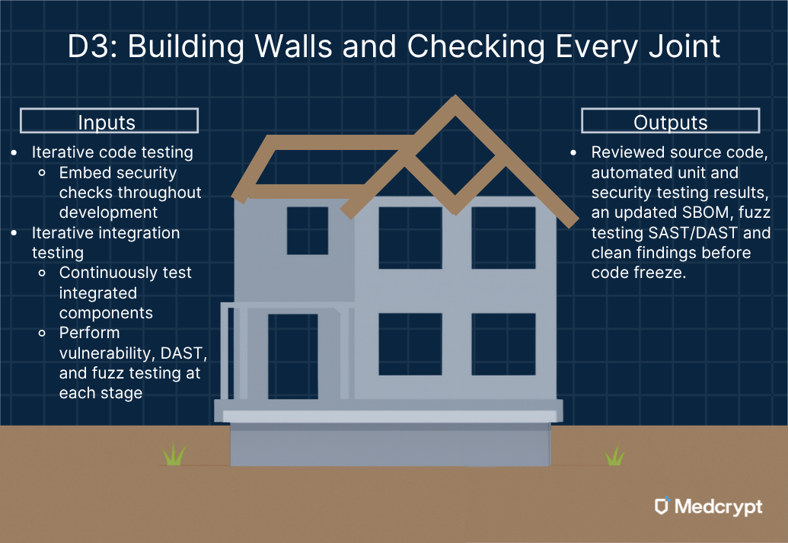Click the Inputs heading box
click(108, 121)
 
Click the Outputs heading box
click(670, 121)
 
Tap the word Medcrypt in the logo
click(718, 506)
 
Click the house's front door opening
click(292, 356)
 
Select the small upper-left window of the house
click(307, 230)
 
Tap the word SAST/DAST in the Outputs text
click(699, 233)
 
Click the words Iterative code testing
click(112, 152)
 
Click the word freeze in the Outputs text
click(662, 273)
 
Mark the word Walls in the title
click(279, 47)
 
